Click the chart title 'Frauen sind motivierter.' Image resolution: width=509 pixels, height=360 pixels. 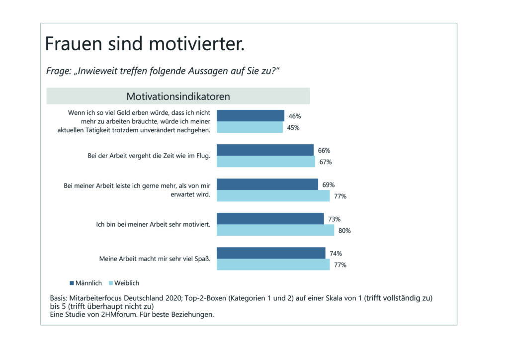click(145, 44)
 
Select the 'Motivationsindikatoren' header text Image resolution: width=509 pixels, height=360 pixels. click(178, 96)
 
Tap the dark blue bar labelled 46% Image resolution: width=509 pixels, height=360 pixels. click(251, 116)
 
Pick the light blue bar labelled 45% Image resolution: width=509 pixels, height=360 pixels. click(250, 127)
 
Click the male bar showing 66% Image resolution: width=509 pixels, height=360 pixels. click(265, 150)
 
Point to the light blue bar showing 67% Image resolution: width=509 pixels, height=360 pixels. click(266, 162)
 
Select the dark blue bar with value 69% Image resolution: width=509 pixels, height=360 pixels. click(267, 184)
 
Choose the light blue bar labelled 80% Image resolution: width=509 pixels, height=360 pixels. click(275, 230)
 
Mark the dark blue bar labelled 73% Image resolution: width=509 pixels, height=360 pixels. click(270, 219)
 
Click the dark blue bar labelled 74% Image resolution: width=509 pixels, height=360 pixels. click(271, 253)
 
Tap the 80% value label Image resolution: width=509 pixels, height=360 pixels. click(344, 231)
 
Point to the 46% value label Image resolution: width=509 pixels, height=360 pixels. click(295, 116)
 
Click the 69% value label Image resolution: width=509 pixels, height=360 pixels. click(329, 185)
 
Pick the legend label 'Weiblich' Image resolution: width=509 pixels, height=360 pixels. click(127, 283)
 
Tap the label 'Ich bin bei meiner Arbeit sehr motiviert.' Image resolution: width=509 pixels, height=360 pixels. click(153, 224)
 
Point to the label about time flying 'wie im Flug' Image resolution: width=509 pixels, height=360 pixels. click(146, 156)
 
